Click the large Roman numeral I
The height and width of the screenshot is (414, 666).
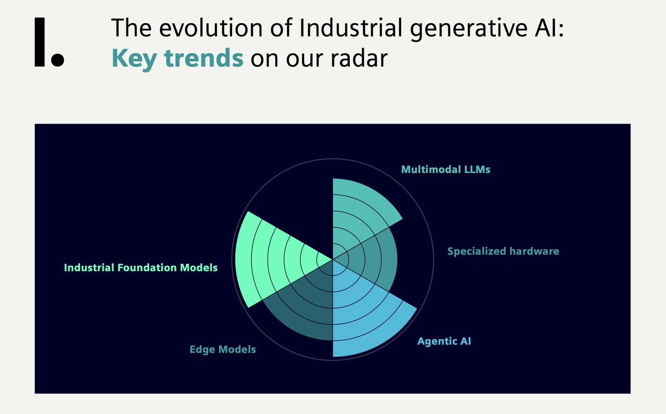39,41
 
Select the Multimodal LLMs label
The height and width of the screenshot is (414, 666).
446,170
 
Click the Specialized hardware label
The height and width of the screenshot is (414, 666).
503,251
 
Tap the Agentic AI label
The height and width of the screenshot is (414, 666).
444,341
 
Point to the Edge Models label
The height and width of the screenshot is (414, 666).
223,350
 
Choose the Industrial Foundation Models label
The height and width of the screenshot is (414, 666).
141,268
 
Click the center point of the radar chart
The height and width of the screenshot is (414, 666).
332,259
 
